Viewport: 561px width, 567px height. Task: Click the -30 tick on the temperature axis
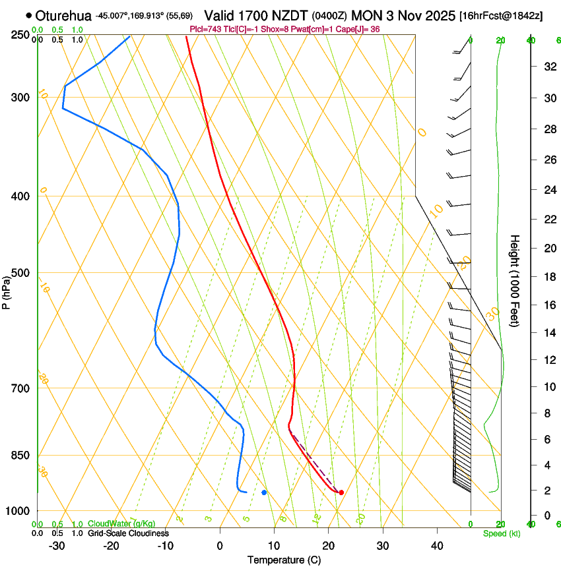coord(57,546)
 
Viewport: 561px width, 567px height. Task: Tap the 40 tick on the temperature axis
coord(437,546)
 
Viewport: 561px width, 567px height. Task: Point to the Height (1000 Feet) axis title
coord(515,280)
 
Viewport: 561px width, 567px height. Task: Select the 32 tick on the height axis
coord(548,67)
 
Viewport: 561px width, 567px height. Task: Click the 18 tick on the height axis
coord(548,277)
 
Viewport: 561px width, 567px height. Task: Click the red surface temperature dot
coord(341,492)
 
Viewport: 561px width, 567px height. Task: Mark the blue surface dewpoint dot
coord(264,492)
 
